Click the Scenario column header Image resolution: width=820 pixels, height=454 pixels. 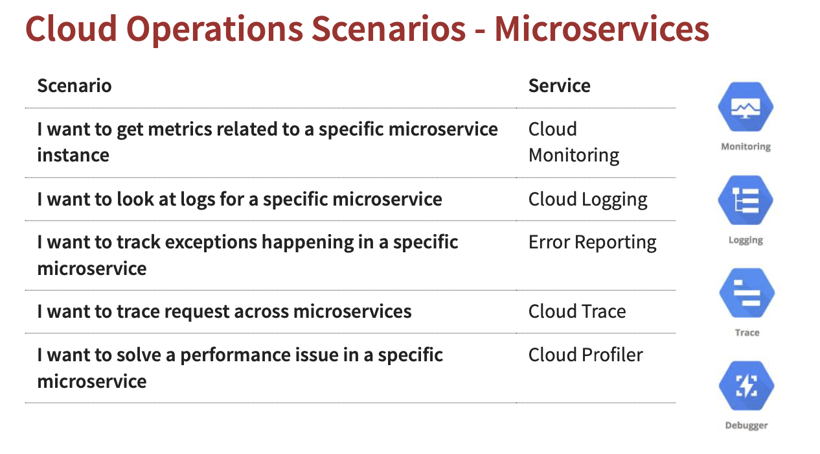(74, 86)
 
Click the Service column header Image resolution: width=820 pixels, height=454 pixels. (560, 86)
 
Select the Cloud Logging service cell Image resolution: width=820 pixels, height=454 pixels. (588, 200)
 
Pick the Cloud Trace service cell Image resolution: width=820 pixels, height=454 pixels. (577, 311)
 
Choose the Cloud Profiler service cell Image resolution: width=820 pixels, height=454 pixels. (586, 355)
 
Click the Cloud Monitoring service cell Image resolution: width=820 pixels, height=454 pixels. (574, 142)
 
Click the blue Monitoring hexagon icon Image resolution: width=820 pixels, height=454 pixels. (746, 106)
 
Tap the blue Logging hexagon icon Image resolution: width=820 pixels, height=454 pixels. (746, 200)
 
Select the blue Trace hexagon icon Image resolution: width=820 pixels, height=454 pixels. (747, 293)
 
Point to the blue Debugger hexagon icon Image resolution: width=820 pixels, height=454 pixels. (746, 385)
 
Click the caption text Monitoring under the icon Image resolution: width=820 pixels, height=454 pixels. (746, 147)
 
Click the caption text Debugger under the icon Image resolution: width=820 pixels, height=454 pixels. (746, 425)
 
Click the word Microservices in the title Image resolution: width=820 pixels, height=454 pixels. (602, 29)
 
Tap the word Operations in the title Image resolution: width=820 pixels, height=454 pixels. (214, 30)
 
